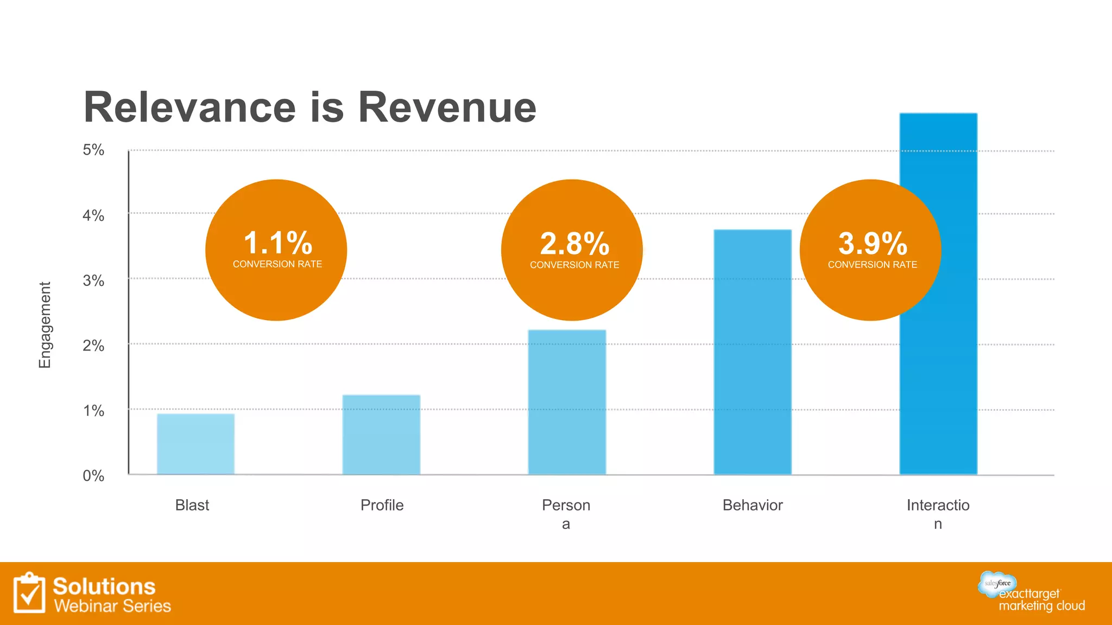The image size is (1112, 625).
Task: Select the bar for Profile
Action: (x=381, y=435)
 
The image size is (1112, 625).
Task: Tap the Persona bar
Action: (x=567, y=402)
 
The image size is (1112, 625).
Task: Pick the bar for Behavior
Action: (x=753, y=352)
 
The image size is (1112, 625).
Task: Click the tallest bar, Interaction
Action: (x=938, y=380)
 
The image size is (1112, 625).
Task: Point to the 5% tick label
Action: (x=93, y=150)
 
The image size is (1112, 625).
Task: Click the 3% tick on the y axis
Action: (x=93, y=280)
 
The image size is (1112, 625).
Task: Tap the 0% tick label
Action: (x=93, y=476)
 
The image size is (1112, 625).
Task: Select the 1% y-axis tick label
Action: (x=93, y=411)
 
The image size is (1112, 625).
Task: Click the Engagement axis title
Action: (x=45, y=324)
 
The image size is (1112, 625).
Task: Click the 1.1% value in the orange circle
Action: (x=277, y=243)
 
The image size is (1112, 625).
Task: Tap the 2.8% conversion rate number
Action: (x=574, y=244)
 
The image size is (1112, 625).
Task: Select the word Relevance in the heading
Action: (x=189, y=107)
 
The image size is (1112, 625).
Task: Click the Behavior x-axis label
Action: (x=753, y=505)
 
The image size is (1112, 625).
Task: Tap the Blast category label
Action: (x=192, y=505)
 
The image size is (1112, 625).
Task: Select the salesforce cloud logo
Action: (x=997, y=583)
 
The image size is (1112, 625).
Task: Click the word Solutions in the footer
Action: (x=104, y=586)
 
